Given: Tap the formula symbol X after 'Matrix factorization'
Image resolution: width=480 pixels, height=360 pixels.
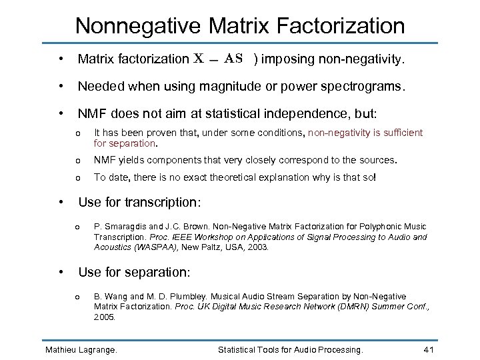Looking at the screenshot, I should click(199, 59).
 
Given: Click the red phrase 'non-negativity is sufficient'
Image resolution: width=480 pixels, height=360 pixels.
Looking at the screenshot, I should click(365, 133).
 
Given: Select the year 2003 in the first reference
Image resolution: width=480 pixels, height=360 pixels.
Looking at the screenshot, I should click(257, 247).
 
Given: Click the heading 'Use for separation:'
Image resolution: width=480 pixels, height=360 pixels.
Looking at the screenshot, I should click(134, 272).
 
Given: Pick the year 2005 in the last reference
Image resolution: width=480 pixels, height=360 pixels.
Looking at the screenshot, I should click(104, 317).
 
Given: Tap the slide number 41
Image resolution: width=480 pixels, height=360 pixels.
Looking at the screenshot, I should click(430, 349).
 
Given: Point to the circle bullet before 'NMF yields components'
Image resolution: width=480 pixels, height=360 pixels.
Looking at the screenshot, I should click(78, 161).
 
